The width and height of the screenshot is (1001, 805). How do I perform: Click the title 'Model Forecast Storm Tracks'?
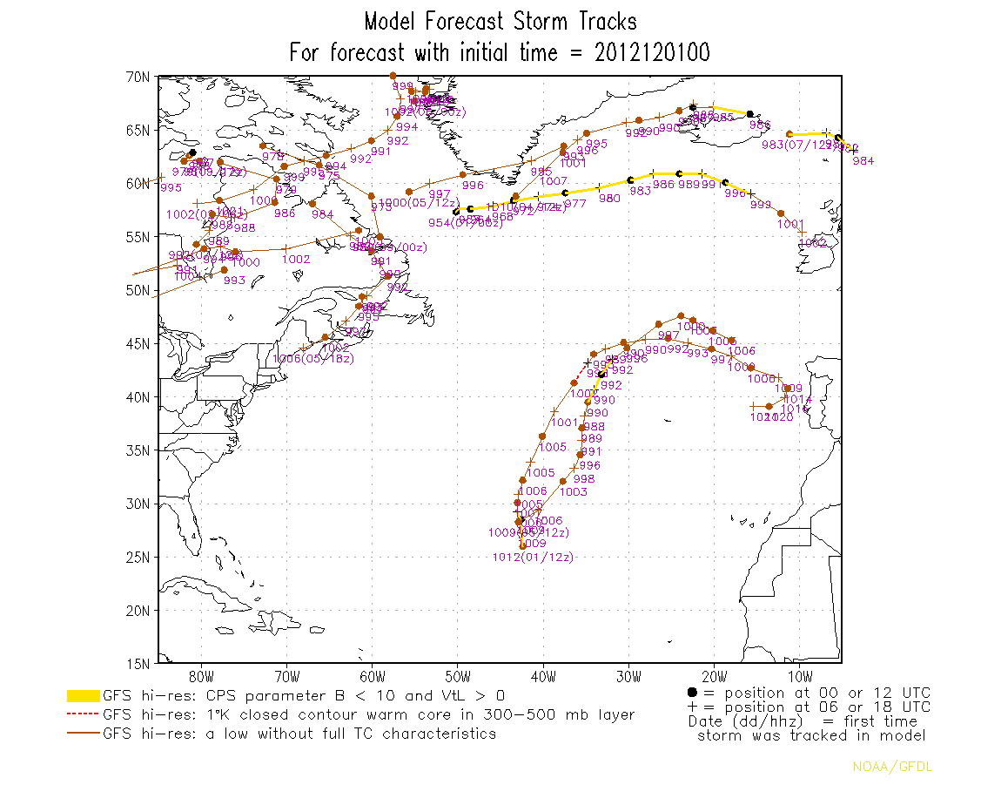point(500,21)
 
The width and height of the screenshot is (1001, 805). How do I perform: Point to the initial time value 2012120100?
point(653,53)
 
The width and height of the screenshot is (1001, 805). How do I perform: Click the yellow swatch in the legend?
point(84,696)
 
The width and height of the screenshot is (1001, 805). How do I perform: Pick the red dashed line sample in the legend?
point(84,715)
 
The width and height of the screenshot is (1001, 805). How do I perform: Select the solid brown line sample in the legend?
point(84,734)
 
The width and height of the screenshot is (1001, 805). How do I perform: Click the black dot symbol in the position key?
point(692,692)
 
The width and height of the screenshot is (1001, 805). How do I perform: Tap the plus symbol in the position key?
point(692,707)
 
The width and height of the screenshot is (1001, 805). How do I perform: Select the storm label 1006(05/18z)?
point(312,359)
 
